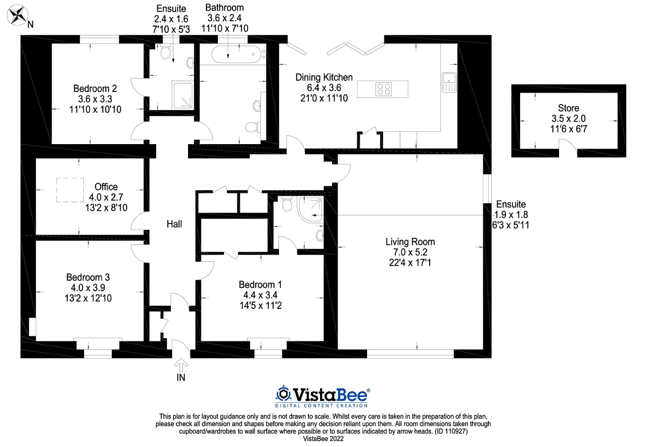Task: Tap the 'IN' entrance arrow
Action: tap(181, 365)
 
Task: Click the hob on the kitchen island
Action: tap(383, 90)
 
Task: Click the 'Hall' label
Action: tap(174, 224)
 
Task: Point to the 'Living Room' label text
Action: tap(410, 242)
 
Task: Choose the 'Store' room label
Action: tap(569, 108)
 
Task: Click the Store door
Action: tap(568, 149)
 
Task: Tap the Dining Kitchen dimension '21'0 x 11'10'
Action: tap(324, 98)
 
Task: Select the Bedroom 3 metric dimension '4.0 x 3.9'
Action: tap(88, 288)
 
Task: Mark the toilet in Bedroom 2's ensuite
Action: tap(165, 49)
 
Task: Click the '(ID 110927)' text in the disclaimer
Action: tap(455, 431)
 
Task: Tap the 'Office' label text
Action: tap(106, 187)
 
